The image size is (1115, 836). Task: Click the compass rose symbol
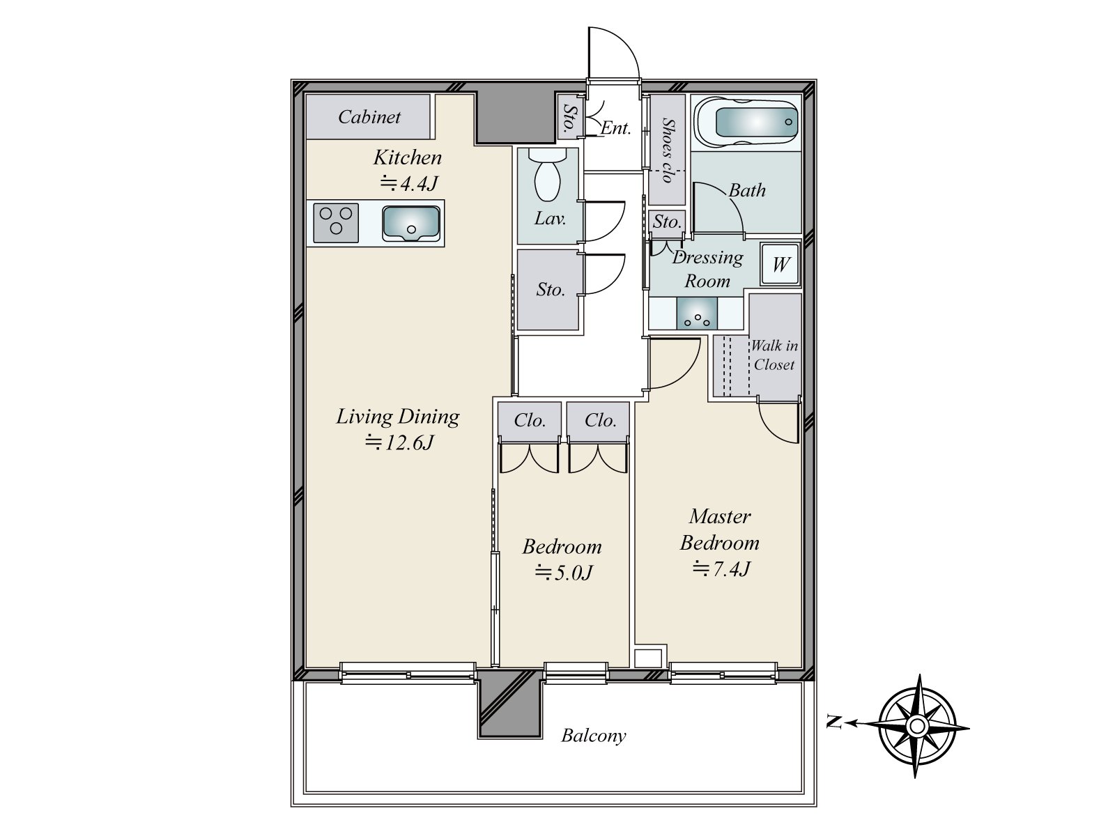point(918,727)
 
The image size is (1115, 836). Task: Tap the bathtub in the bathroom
point(746,121)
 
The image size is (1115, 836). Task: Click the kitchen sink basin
point(410,224)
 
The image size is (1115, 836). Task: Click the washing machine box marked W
point(780,265)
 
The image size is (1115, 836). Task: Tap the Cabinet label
point(369,117)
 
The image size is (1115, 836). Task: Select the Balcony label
point(594,736)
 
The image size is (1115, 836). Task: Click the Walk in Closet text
point(774,355)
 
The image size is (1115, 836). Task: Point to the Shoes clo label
point(668,150)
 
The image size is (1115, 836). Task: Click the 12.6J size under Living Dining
point(400,442)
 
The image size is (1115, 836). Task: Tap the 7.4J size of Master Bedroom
point(721,569)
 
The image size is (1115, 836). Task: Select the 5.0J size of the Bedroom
point(563,573)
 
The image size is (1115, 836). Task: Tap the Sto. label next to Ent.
point(570,118)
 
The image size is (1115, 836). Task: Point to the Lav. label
point(550,219)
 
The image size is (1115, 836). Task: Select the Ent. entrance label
point(616,128)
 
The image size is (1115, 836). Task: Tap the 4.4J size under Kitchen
point(408,183)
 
